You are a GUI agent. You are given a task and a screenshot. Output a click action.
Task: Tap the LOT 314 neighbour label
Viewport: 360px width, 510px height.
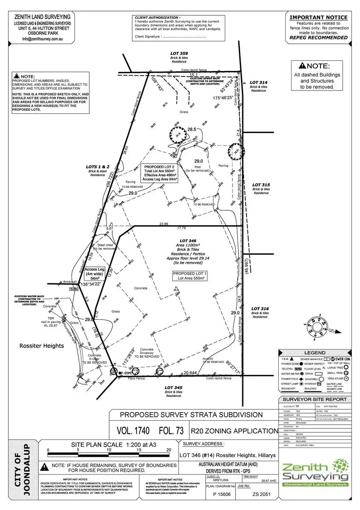[x=258, y=82]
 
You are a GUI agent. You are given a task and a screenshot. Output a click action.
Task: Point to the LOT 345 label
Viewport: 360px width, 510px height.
[x=173, y=388]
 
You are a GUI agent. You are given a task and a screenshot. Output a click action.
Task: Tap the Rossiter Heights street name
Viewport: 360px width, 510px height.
[x=42, y=346]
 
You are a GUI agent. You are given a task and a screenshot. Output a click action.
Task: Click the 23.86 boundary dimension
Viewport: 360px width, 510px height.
[x=164, y=224]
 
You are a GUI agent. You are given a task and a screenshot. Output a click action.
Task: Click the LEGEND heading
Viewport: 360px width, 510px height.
[x=315, y=353]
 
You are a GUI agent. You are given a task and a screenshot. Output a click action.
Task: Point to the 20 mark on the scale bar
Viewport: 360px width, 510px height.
[x=170, y=450]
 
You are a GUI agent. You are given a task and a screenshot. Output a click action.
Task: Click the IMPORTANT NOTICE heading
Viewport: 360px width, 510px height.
[x=318, y=17]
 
